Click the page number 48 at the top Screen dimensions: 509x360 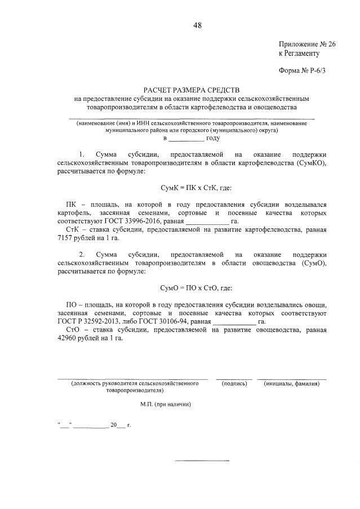197,25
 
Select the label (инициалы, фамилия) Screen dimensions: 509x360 291,383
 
